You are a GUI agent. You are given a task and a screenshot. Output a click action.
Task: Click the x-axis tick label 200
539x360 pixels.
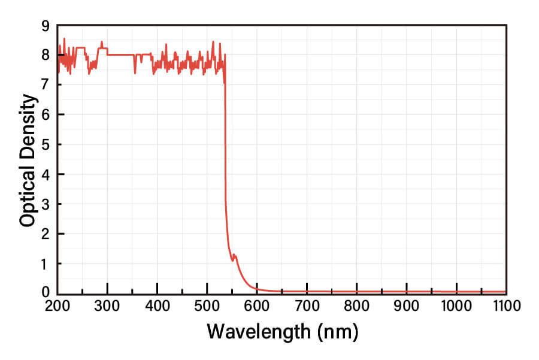click(x=57, y=307)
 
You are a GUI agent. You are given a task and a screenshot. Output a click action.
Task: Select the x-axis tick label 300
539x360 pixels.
click(x=107, y=307)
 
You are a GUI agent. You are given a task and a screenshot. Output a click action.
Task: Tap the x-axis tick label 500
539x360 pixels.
click(x=207, y=307)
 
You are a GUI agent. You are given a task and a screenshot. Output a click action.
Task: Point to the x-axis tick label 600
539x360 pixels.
click(x=257, y=307)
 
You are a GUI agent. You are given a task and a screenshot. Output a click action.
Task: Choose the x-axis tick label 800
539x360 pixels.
click(x=357, y=307)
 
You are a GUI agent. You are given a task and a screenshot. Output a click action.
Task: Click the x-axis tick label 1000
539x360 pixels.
click(x=456, y=307)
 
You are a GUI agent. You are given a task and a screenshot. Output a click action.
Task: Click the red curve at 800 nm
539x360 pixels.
click(x=357, y=292)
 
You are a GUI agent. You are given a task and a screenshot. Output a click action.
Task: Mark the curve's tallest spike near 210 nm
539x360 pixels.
click(x=64, y=39)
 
